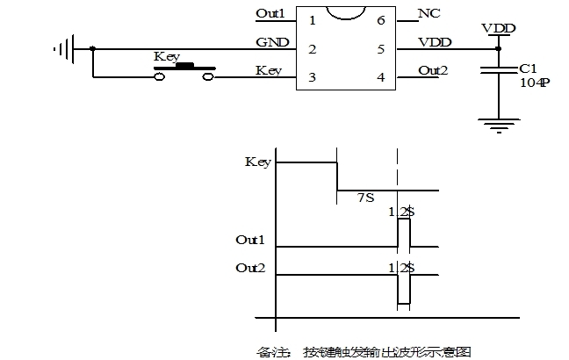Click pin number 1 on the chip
pyautogui.click(x=312, y=19)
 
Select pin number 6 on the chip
pyautogui.click(x=380, y=19)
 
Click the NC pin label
pyautogui.click(x=430, y=14)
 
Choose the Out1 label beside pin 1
pyautogui.click(x=270, y=13)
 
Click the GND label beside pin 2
pyautogui.click(x=268, y=42)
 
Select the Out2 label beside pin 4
pyautogui.click(x=433, y=71)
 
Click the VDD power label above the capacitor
pyautogui.click(x=499, y=28)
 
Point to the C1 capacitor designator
pyautogui.click(x=527, y=68)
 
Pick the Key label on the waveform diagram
pyautogui.click(x=257, y=162)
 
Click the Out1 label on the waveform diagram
pyautogui.click(x=250, y=240)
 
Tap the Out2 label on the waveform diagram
pyautogui.click(x=250, y=268)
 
